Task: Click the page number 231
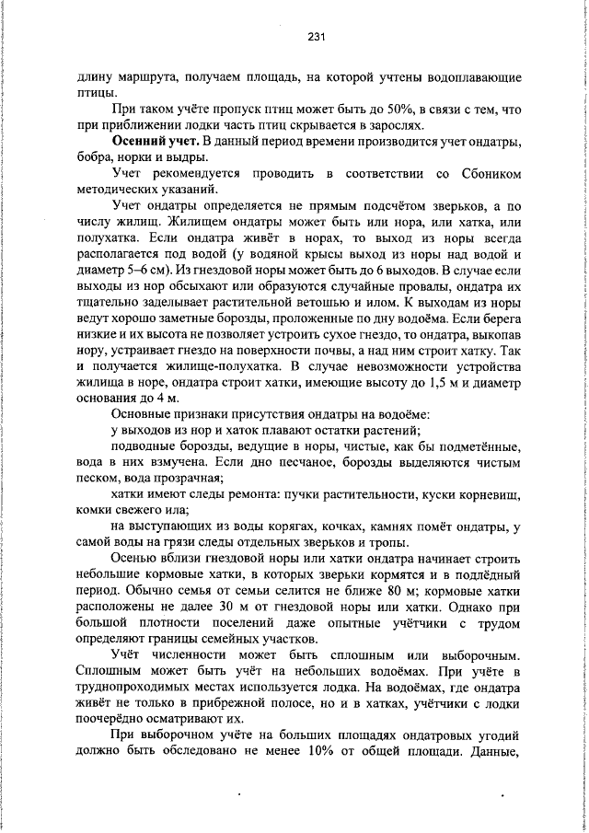click(317, 37)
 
